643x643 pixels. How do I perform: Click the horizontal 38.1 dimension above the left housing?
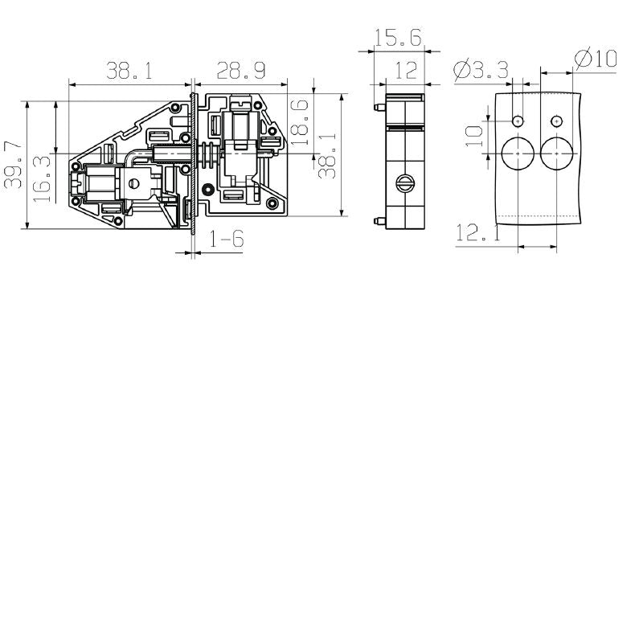point(130,72)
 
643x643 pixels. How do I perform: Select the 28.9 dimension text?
point(241,72)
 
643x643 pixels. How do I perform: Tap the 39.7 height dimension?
point(14,165)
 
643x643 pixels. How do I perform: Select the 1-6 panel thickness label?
point(227,240)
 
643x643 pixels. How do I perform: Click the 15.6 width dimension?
point(397,38)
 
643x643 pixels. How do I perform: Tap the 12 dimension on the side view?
point(406,71)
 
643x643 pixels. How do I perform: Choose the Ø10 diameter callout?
point(596,58)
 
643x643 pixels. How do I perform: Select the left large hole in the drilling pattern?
point(518,152)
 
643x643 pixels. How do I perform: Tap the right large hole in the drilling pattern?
point(556,152)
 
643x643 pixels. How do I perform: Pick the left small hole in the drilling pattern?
point(518,121)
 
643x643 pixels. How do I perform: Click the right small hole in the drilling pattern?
point(556,121)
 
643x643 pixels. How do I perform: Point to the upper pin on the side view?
point(377,106)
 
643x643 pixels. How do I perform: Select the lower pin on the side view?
point(377,221)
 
